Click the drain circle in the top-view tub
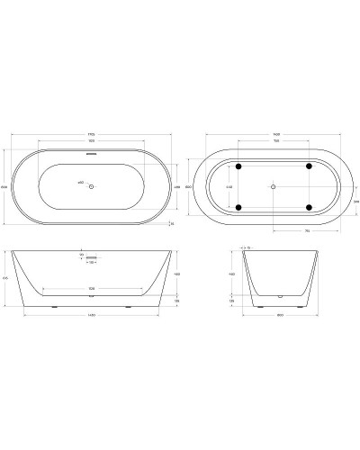(x=92, y=185)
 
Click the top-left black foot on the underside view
(x=238, y=166)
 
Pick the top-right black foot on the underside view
(x=308, y=166)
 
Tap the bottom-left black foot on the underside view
(x=238, y=207)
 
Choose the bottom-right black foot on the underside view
(x=308, y=207)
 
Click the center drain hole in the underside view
(x=273, y=186)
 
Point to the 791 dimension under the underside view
(x=308, y=229)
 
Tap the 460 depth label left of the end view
(x=231, y=273)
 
